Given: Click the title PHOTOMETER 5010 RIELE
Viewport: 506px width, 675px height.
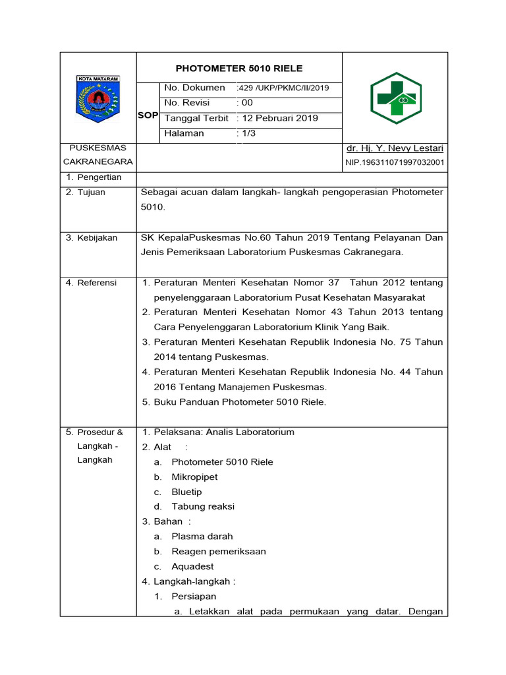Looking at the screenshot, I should (x=239, y=68).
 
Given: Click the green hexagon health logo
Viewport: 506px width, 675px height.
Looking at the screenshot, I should (x=395, y=98).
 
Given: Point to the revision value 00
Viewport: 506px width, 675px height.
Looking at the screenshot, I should (x=246, y=103).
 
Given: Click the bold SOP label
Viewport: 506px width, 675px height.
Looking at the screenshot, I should (x=148, y=115).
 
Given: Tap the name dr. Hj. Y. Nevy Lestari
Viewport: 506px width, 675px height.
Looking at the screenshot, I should (x=395, y=148).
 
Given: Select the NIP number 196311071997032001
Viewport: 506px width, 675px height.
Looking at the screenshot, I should (x=395, y=162).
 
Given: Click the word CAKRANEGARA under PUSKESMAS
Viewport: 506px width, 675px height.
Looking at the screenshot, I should (x=98, y=161).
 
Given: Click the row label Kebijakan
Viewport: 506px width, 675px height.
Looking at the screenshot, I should (x=96, y=237).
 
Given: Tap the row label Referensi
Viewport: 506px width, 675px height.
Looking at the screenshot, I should (x=96, y=283).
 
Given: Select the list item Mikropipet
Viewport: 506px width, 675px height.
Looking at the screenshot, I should (x=194, y=477).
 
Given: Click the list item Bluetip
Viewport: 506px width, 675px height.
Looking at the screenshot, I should (x=186, y=492).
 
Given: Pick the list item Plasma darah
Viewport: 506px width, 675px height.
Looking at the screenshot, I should (x=202, y=537).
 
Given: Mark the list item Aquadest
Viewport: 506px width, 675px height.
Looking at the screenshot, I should (x=192, y=566).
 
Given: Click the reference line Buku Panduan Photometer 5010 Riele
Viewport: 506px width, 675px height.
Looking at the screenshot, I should (x=240, y=402).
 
